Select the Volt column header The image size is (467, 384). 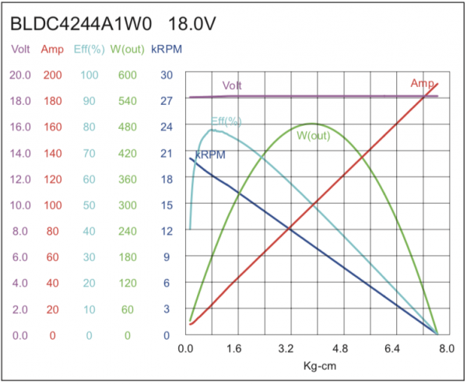click(20, 51)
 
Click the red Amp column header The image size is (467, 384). click(52, 51)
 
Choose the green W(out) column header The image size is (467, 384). click(126, 51)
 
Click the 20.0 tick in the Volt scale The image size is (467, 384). click(20, 75)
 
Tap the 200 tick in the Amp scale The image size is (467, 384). click(52, 75)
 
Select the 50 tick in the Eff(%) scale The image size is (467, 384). click(89, 205)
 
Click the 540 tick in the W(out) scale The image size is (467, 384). click(127, 101)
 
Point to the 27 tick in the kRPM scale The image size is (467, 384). click(166, 101)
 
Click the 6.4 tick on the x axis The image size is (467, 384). click(392, 349)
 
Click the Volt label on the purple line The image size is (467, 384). click(231, 86)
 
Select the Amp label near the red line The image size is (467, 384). click(422, 83)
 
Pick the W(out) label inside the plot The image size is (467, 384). click(313, 135)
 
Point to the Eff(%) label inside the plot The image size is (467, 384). click(226, 121)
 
